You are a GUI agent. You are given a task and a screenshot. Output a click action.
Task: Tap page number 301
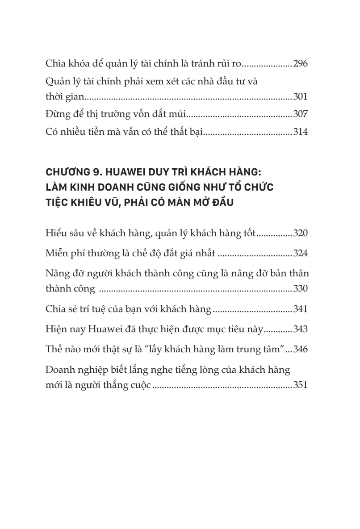pos(300,96)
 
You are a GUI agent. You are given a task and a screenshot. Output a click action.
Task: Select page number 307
pos(300,115)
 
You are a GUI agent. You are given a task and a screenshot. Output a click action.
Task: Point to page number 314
pos(300,133)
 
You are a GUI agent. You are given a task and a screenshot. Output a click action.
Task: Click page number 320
pos(300,233)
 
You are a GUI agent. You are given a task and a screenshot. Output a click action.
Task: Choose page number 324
pos(300,254)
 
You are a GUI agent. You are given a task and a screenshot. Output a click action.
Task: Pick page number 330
pos(300,288)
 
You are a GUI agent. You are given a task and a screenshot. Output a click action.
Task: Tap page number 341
pos(300,309)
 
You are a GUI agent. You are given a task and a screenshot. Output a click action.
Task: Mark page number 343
pos(300,329)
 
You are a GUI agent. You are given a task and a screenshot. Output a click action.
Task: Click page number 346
pos(300,350)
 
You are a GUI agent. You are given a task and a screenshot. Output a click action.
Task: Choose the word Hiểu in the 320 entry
pos(56,233)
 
